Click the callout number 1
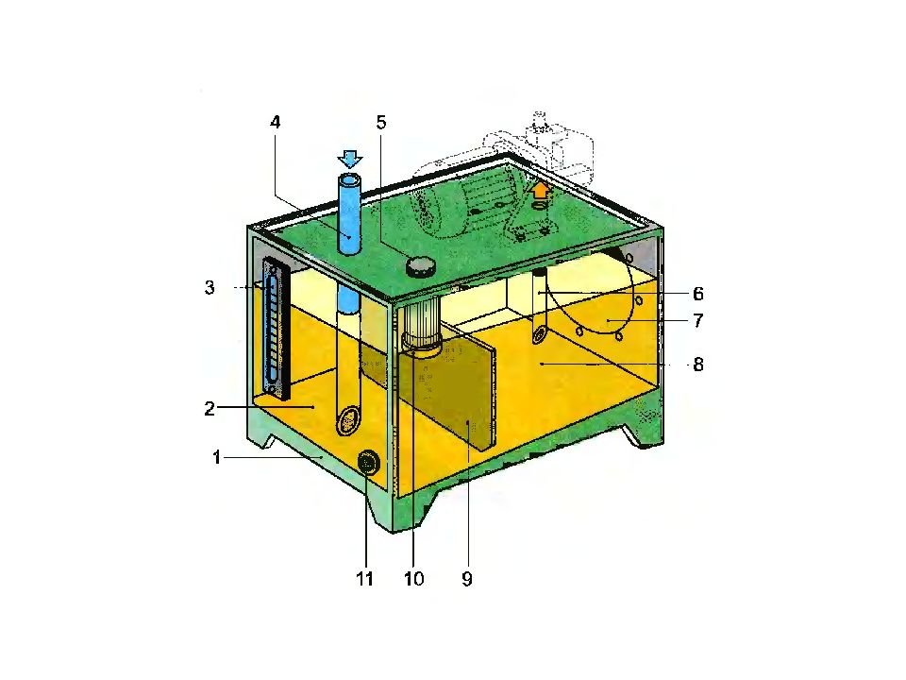click(x=217, y=458)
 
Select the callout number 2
click(x=210, y=409)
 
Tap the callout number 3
click(x=210, y=287)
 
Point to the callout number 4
click(x=276, y=122)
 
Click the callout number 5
click(x=380, y=122)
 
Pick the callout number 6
click(x=698, y=294)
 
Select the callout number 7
click(x=698, y=320)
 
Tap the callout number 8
click(x=698, y=365)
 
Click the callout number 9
click(x=467, y=578)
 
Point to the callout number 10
click(x=413, y=578)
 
